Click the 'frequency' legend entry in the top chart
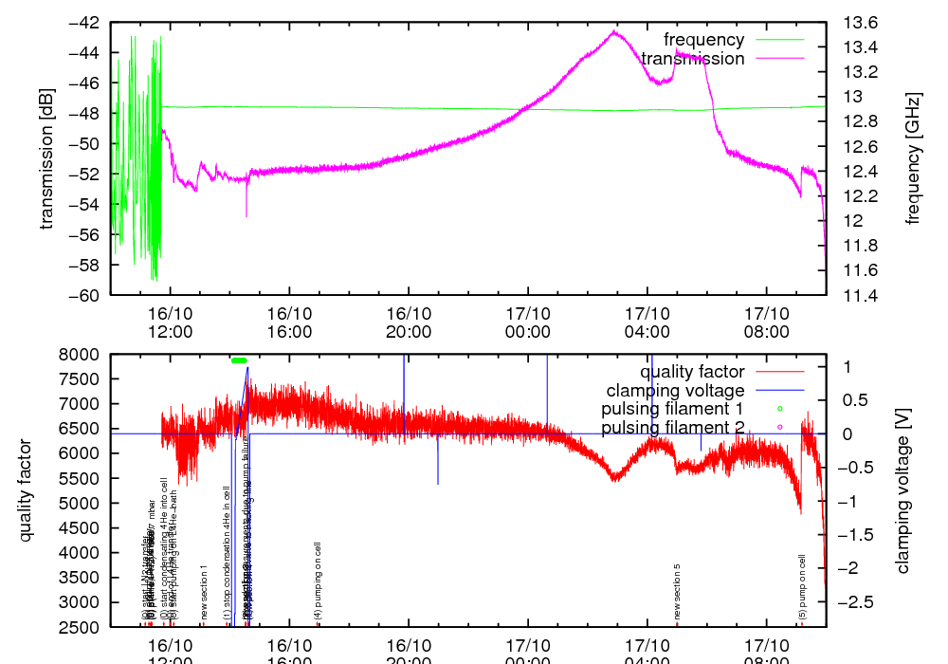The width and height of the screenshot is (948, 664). [x=703, y=40]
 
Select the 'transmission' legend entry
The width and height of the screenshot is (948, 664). [x=692, y=59]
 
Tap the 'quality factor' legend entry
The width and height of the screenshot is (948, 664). [x=692, y=372]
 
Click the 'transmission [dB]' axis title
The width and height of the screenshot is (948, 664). [x=46, y=158]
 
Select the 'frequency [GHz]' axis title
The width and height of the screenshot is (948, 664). [x=913, y=158]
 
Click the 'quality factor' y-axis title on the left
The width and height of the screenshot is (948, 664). [x=26, y=490]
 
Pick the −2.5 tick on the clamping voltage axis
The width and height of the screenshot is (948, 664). [x=856, y=601]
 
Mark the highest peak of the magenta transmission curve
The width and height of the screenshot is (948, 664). [x=614, y=31]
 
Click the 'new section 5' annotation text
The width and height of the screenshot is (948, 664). [x=678, y=592]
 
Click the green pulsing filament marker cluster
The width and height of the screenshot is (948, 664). [x=239, y=360]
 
